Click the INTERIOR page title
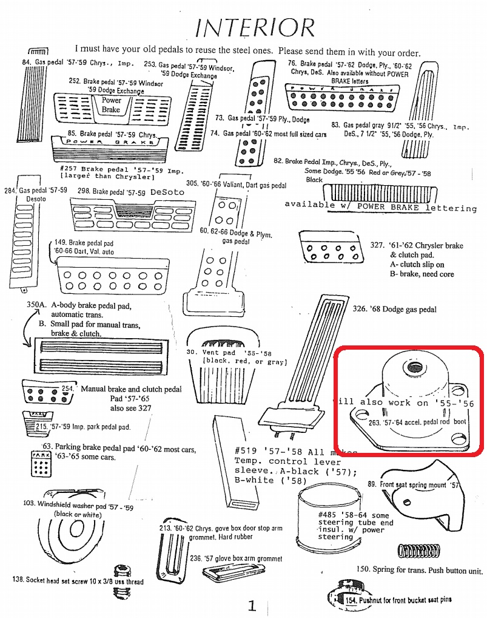[x=255, y=28]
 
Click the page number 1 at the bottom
[x=252, y=605]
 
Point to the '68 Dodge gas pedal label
[x=394, y=309]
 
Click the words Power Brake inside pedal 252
[x=111, y=105]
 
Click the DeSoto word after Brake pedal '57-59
[x=167, y=192]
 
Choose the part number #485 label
[x=327, y=515]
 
